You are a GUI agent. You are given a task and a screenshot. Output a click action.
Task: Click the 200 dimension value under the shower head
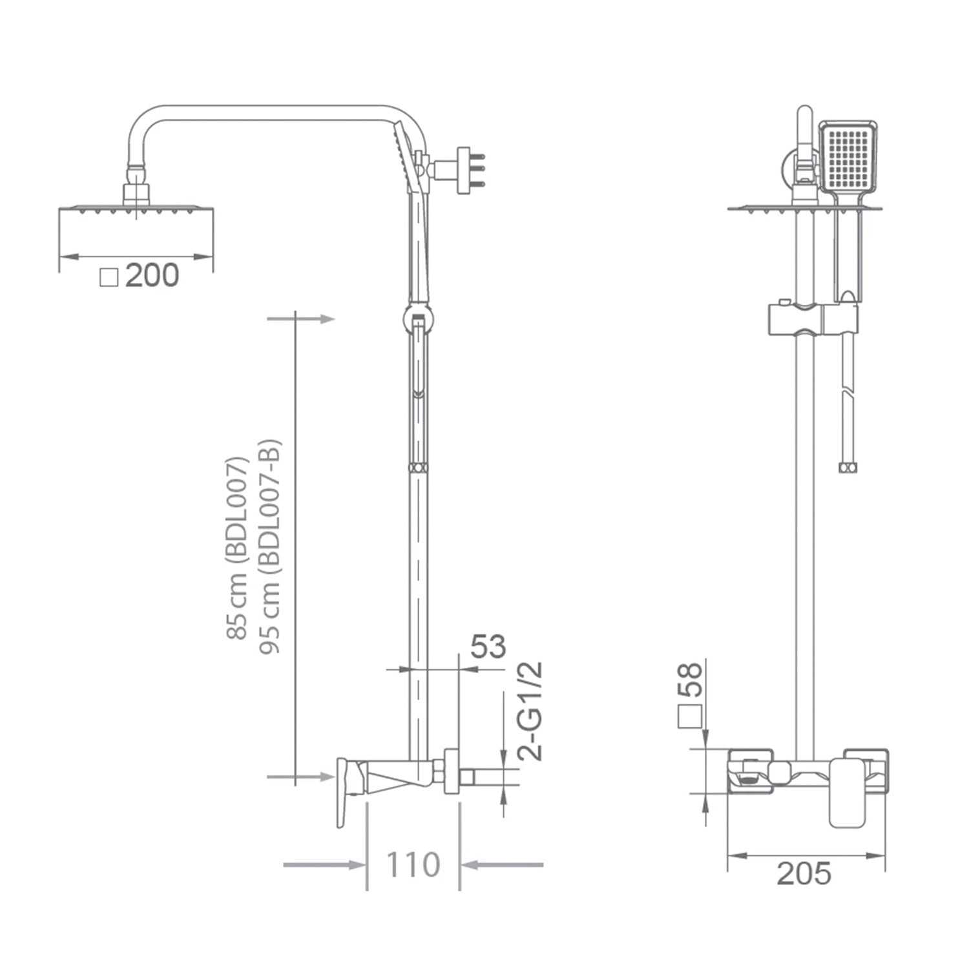(152, 275)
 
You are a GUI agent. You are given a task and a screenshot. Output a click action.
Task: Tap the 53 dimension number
(488, 647)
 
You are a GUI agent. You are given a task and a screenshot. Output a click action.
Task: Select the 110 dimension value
(413, 864)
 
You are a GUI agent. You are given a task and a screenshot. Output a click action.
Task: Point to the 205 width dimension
(804, 874)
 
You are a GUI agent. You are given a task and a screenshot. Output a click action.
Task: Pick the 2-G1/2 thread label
(531, 711)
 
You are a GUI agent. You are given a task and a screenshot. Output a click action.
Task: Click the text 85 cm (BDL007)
(237, 548)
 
